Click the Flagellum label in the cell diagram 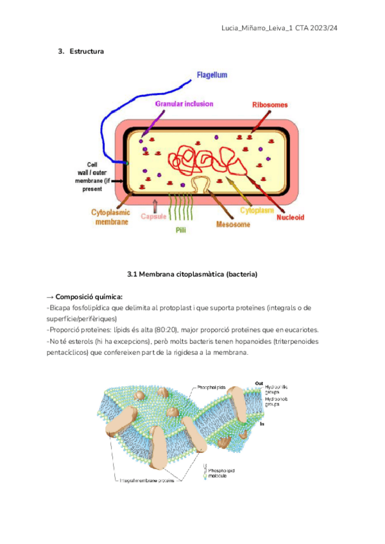point(212,75)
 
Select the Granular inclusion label point(184,103)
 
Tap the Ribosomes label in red point(269,105)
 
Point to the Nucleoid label point(290,217)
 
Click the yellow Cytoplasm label point(257,210)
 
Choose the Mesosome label point(233,225)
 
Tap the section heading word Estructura point(86,51)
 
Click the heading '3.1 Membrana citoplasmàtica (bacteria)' point(193,275)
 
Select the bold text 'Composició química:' point(89,297)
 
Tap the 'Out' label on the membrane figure point(259,384)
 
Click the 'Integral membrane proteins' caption point(148,480)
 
